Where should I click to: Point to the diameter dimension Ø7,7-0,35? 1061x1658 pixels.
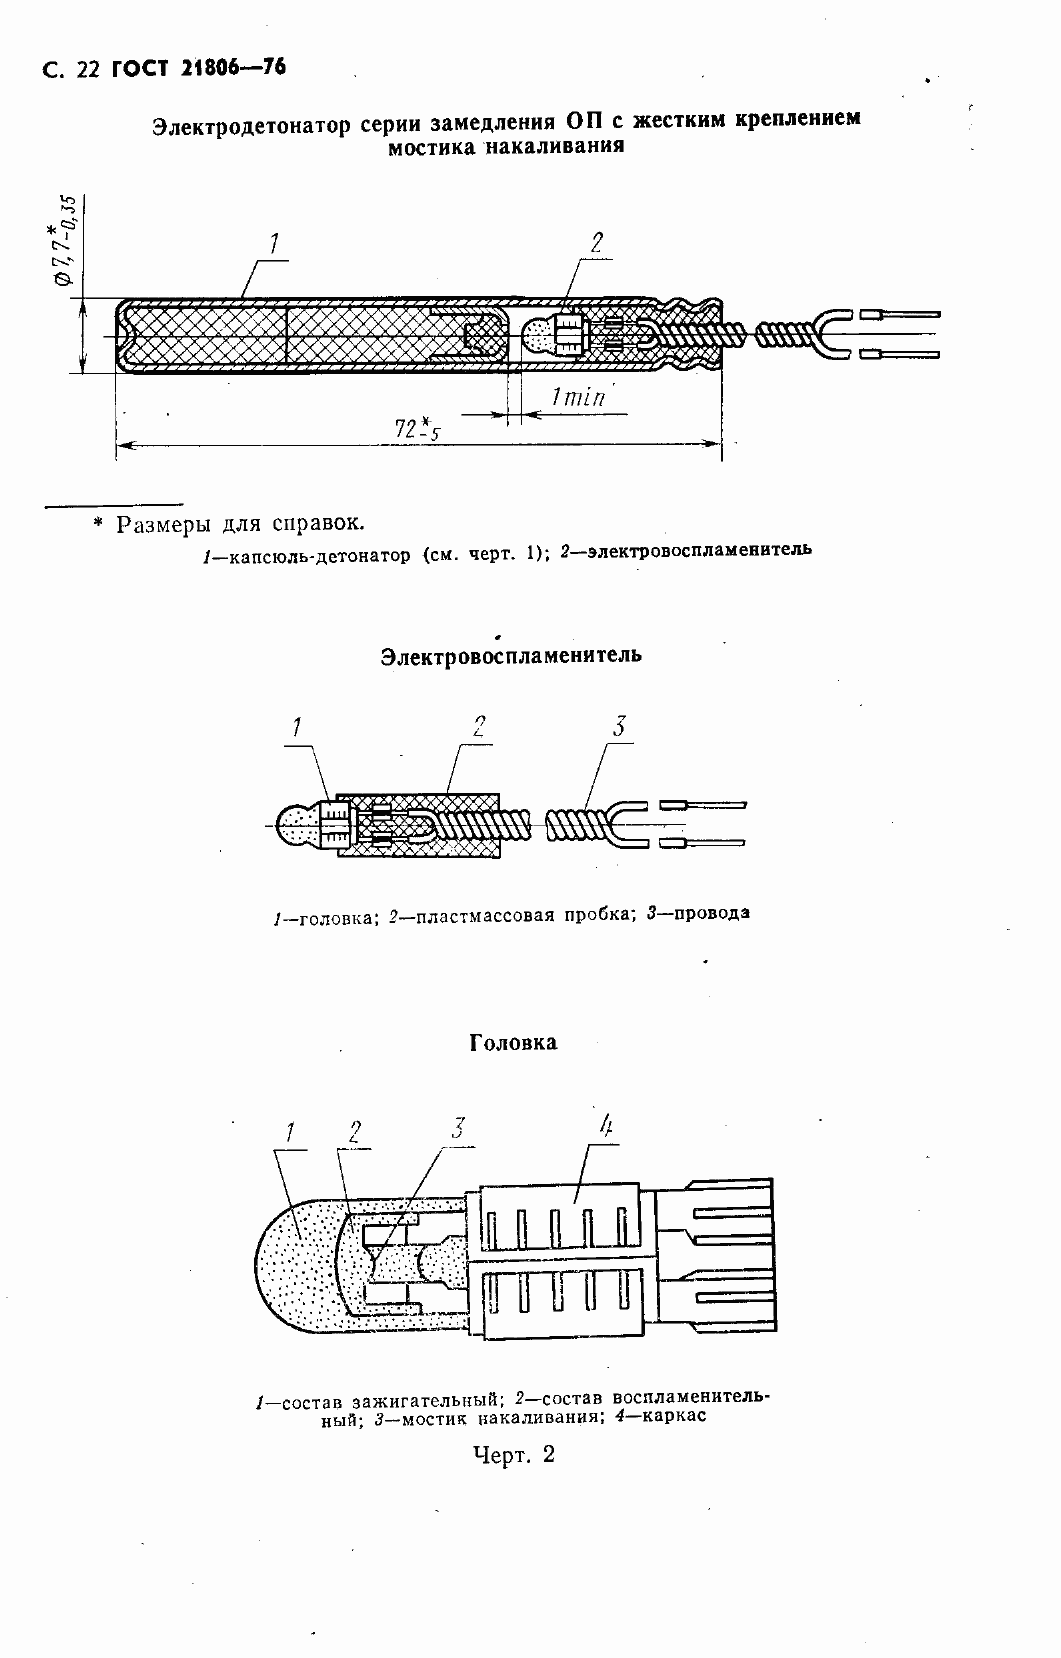[x=65, y=240]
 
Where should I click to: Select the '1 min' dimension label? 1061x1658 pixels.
[x=578, y=397]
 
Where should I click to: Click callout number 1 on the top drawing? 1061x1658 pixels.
[x=273, y=243]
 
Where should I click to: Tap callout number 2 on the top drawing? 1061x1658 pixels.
[x=596, y=242]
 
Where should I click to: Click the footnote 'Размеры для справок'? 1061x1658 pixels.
[x=240, y=524]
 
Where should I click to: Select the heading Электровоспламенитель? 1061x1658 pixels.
[x=511, y=656]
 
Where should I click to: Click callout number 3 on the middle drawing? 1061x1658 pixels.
[x=619, y=726]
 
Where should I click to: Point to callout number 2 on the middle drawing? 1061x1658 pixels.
[x=479, y=727]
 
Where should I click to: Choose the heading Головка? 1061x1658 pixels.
[x=513, y=1042]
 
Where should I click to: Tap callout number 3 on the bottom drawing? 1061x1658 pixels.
[x=457, y=1129]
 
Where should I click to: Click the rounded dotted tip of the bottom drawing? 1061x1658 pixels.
[x=290, y=1270]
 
